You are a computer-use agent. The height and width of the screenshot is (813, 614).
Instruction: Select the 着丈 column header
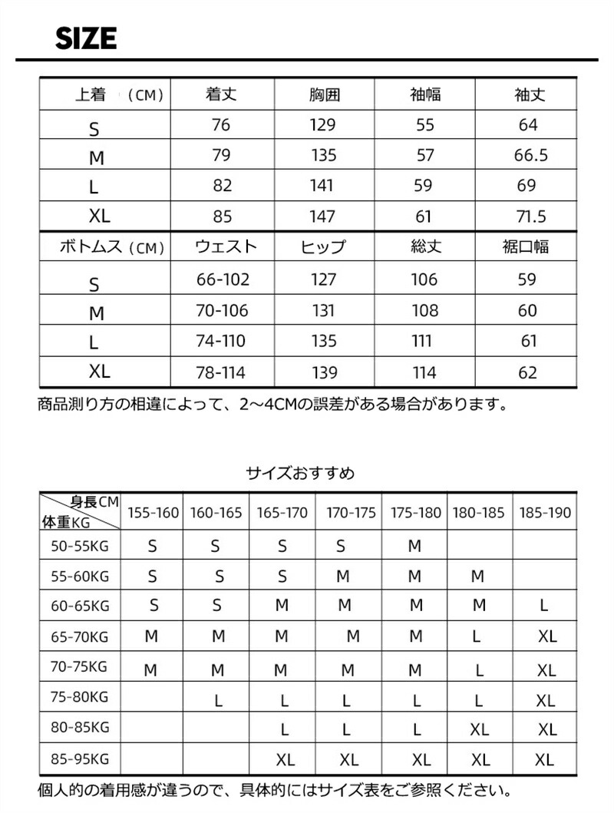tap(221, 95)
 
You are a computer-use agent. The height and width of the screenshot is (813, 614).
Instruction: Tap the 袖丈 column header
tap(529, 95)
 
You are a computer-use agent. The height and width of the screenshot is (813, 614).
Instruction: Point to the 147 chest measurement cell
tap(323, 216)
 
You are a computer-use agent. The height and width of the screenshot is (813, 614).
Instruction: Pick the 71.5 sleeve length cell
tap(530, 216)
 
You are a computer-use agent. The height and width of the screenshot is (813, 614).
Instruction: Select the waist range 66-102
tap(223, 279)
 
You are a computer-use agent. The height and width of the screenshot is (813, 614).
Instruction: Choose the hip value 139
tap(325, 373)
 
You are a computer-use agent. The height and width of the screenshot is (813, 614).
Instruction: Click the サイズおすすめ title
tap(300, 473)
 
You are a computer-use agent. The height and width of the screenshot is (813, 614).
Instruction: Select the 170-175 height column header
tap(351, 513)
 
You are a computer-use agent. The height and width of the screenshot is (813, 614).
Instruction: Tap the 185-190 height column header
tap(544, 513)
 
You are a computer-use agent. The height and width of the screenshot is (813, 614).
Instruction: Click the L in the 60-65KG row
tap(544, 606)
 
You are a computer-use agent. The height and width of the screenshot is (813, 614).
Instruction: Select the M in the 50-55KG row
tap(415, 547)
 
